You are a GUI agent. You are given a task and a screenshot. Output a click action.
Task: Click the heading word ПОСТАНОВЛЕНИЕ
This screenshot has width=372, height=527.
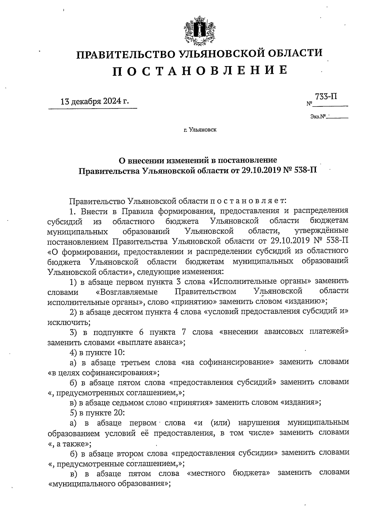pos(199,71)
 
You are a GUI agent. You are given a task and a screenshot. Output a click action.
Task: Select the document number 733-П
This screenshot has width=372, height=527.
pos(326,97)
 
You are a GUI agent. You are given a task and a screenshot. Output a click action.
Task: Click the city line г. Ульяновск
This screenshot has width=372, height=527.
pos(200,130)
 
